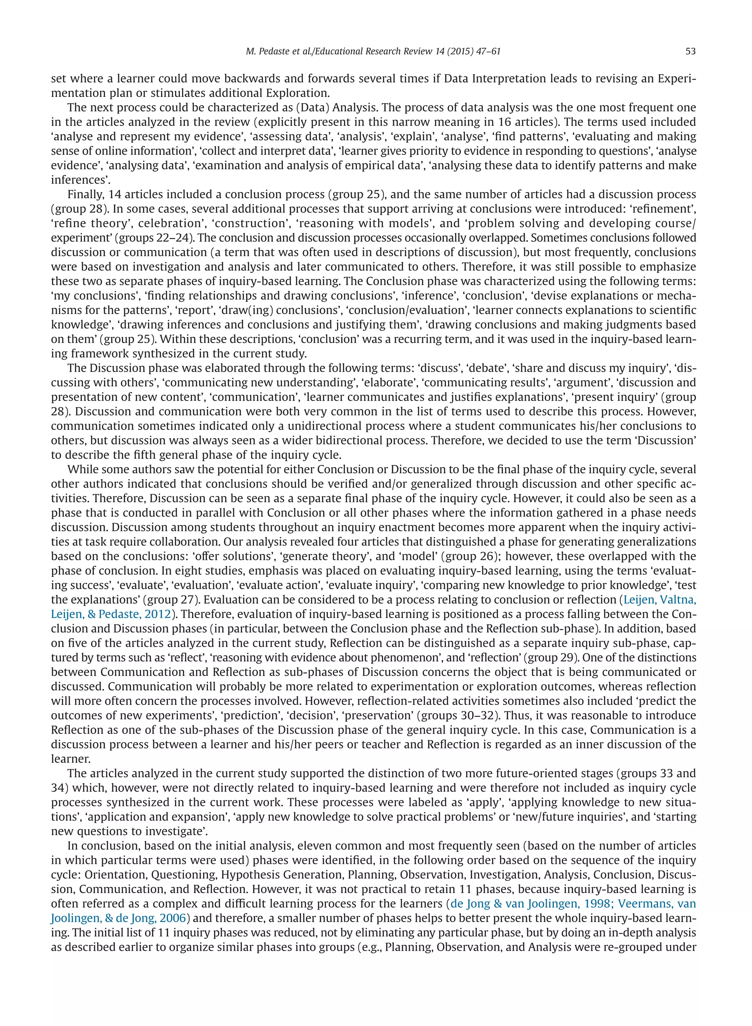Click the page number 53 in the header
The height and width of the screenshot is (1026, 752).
pyautogui.click(x=690, y=51)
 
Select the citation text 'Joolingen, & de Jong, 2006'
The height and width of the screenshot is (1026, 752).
pyautogui.click(x=118, y=918)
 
